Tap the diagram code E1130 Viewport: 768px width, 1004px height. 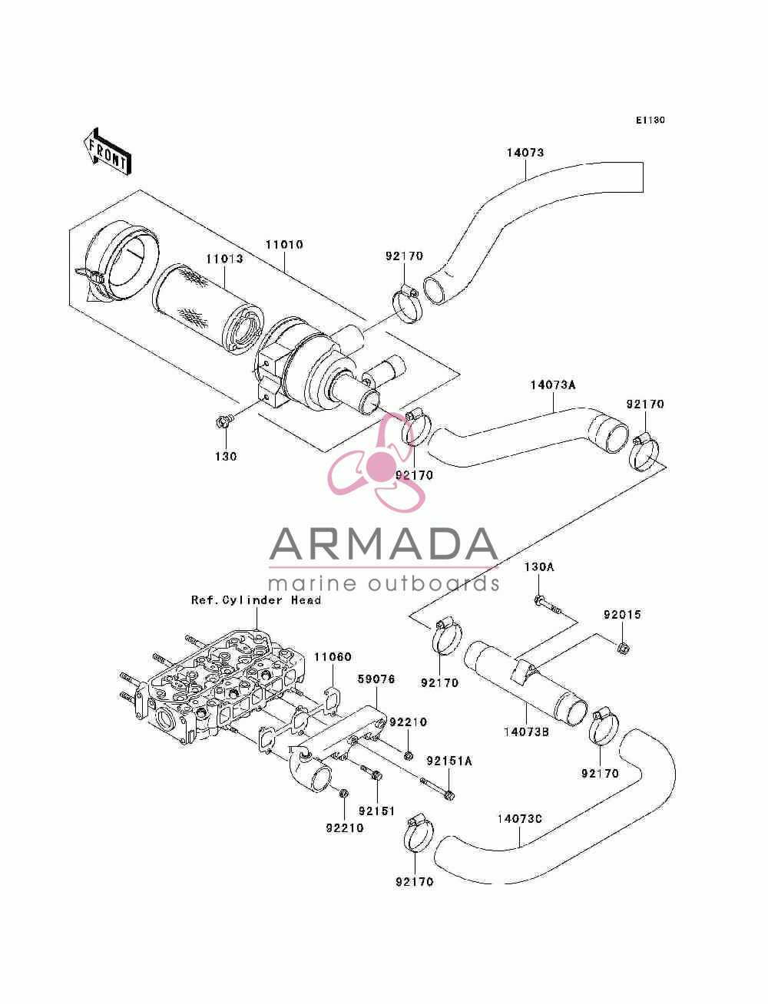pyautogui.click(x=650, y=121)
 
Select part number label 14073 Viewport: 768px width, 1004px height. pyautogui.click(x=525, y=153)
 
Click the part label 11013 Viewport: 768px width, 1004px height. pyautogui.click(x=224, y=259)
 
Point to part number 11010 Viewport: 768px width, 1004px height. pyautogui.click(x=284, y=245)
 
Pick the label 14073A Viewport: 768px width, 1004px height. pyautogui.click(x=553, y=385)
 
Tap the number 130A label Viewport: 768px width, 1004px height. pyautogui.click(x=538, y=567)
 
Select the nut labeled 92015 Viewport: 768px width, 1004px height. pyautogui.click(x=622, y=647)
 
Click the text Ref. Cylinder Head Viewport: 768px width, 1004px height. pyautogui.click(x=256, y=599)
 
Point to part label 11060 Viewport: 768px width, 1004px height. pyautogui.click(x=333, y=657)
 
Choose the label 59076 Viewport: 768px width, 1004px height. pyautogui.click(x=376, y=679)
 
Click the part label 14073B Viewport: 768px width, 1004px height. pyautogui.click(x=526, y=732)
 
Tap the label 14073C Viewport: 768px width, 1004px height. pyautogui.click(x=519, y=818)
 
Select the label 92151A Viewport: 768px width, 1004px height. pyautogui.click(x=449, y=761)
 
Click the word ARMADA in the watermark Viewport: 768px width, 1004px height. pyautogui.click(x=383, y=544)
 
